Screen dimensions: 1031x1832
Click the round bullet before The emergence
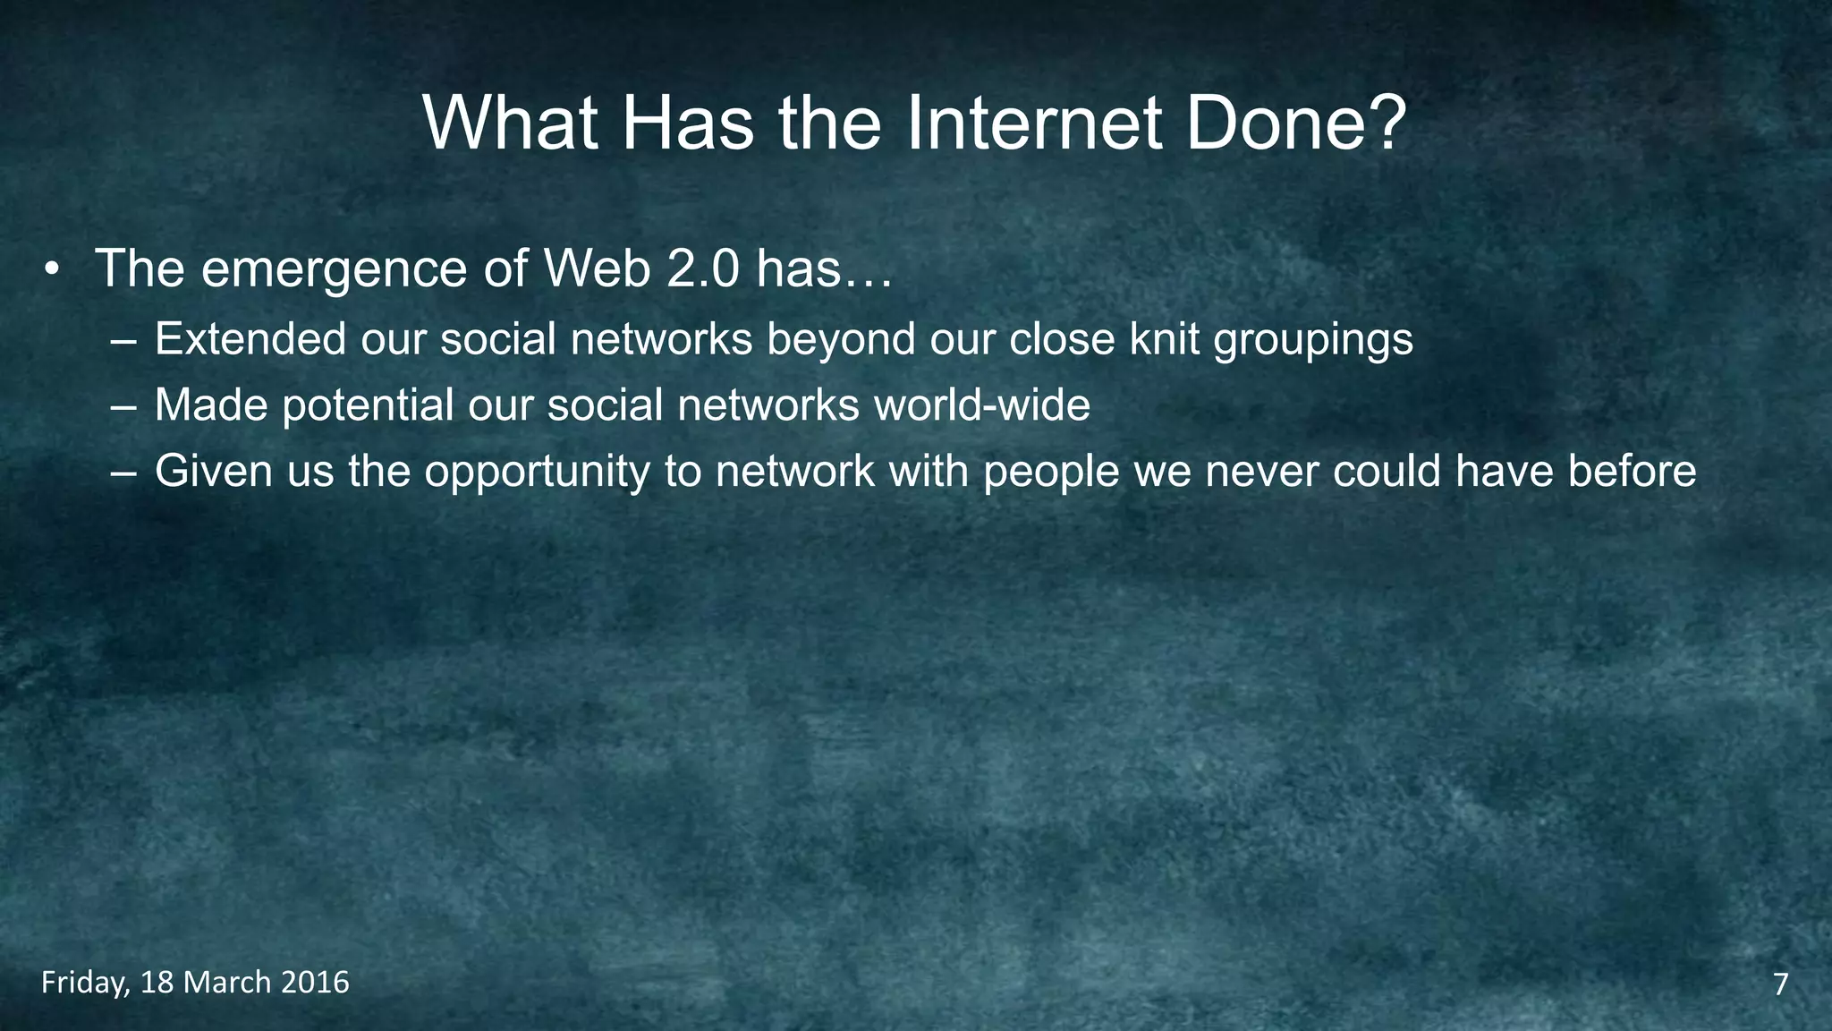(x=53, y=269)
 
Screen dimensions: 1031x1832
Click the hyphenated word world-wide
(x=982, y=405)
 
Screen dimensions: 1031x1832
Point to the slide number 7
(x=1780, y=984)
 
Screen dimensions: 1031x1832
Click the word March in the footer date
(x=227, y=983)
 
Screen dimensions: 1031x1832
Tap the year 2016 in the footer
(x=314, y=983)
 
